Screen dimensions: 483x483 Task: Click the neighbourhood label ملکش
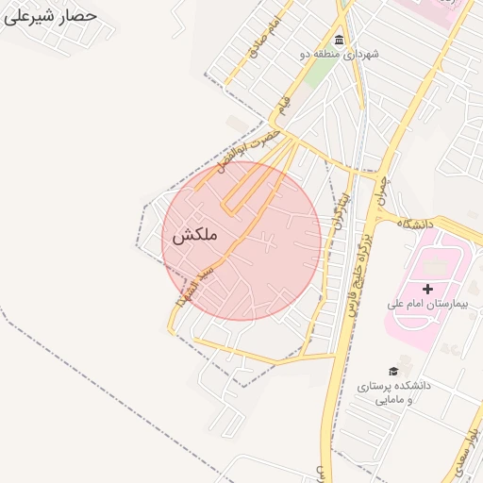tap(194, 236)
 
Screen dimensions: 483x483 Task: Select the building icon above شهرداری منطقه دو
tap(339, 39)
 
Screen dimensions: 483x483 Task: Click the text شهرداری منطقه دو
tap(339, 55)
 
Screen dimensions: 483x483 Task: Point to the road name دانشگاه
tap(415, 224)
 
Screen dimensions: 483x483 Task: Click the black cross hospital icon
tap(427, 288)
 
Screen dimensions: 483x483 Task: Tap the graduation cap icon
tap(392, 371)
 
